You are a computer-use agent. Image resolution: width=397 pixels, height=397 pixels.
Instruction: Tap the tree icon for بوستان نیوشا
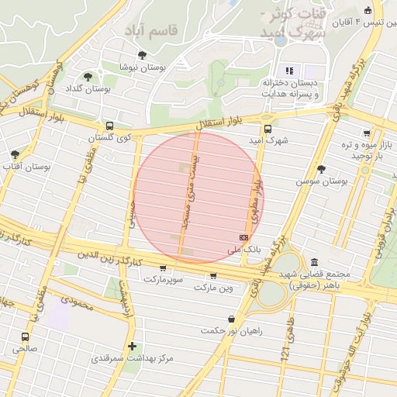pyautogui.click(x=142, y=55)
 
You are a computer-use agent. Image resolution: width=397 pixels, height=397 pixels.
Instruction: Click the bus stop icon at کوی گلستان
pyautogui.click(x=109, y=126)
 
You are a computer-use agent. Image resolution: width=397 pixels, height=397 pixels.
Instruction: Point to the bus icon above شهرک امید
pyautogui.click(x=268, y=129)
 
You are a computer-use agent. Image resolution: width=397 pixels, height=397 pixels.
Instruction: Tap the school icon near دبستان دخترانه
pyautogui.click(x=289, y=71)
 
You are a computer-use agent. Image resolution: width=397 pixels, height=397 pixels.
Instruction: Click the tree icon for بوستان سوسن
pyautogui.click(x=322, y=169)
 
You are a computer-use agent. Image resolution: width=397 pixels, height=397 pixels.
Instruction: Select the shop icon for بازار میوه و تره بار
pyautogui.click(x=367, y=133)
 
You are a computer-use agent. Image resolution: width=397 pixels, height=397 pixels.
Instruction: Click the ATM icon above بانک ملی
pyautogui.click(x=244, y=237)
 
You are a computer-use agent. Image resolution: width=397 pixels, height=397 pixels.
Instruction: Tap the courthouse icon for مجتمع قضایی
pyautogui.click(x=314, y=262)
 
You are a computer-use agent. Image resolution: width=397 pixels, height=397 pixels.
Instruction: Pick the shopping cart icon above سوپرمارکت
pyautogui.click(x=163, y=268)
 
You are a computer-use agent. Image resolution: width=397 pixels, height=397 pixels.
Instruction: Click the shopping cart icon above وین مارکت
pyautogui.click(x=213, y=275)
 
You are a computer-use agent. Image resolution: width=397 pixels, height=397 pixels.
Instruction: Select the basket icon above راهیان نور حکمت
pyautogui.click(x=232, y=319)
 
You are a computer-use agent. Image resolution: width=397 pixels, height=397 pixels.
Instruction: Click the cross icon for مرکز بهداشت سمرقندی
pyautogui.click(x=133, y=346)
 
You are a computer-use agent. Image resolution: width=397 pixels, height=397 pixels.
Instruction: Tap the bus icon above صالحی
pyautogui.click(x=26, y=337)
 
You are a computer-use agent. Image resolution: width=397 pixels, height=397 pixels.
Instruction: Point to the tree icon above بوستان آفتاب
pyautogui.click(x=15, y=154)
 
